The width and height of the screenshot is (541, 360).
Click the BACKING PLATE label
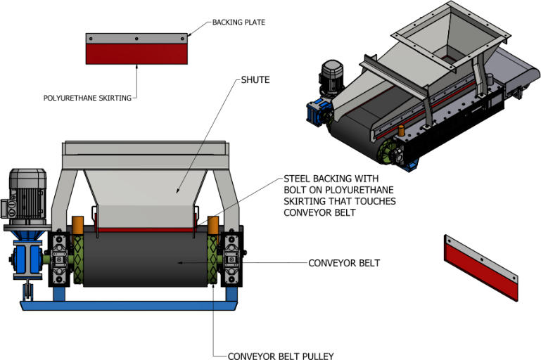(x=238, y=22)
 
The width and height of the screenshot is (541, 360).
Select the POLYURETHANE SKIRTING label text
(x=87, y=98)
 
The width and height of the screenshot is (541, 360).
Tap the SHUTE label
(x=255, y=79)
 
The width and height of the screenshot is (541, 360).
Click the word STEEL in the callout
(x=298, y=179)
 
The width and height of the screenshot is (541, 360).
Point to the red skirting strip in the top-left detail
(x=136, y=54)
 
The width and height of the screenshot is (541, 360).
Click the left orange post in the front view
(x=77, y=225)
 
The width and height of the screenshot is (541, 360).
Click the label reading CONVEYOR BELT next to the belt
(x=344, y=264)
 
